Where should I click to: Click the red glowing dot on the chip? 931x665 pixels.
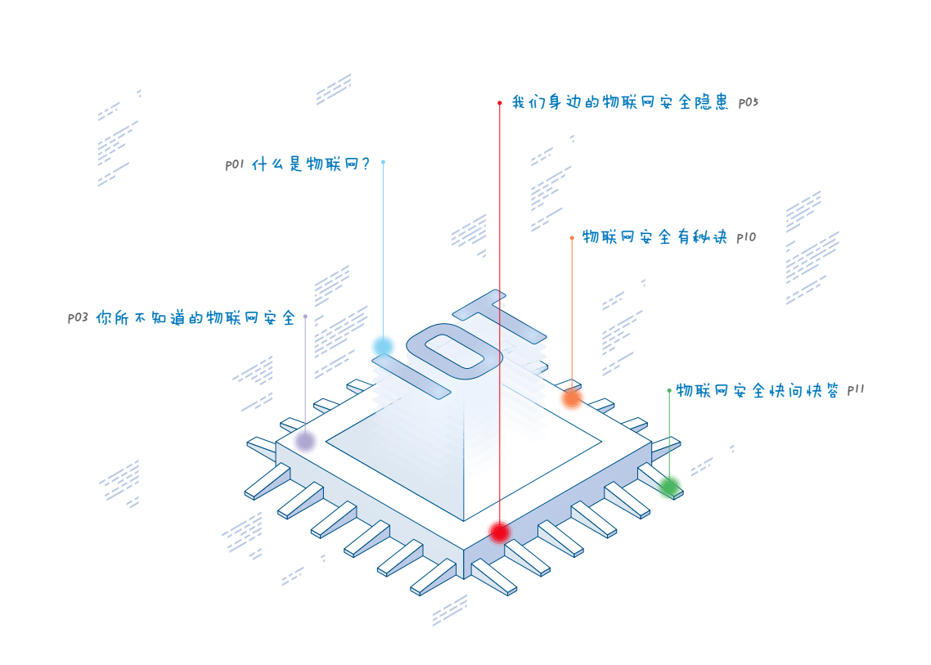point(499,532)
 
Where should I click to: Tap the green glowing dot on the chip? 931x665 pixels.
point(669,488)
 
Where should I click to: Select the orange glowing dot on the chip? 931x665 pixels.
point(572,398)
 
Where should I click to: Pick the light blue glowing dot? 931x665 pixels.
point(383,347)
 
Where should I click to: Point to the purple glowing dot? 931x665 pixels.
point(305,442)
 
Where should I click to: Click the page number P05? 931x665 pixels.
point(749,103)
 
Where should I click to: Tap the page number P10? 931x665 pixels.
point(746,238)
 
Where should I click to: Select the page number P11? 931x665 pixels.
point(855,391)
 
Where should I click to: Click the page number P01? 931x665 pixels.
point(235,164)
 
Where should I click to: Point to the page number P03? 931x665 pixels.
point(78,318)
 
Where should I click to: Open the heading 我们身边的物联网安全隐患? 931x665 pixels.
point(620,103)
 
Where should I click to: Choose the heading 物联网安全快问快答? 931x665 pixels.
point(758,391)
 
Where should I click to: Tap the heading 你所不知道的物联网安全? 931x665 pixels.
point(196,318)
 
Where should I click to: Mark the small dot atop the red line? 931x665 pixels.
point(499,103)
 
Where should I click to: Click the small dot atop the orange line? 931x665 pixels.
point(572,238)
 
